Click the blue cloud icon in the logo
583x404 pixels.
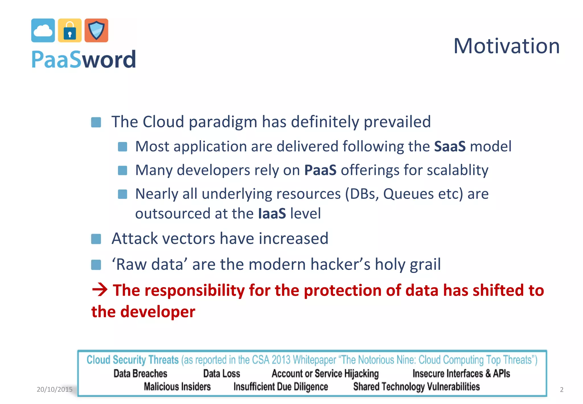[x=43, y=30]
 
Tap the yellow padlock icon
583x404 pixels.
[x=70, y=30]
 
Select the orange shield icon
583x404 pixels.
[x=97, y=30]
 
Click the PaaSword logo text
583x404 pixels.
[x=83, y=60]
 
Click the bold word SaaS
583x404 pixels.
[x=450, y=146]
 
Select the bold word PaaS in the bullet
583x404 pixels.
[x=320, y=170]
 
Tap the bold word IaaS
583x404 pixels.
[x=272, y=214]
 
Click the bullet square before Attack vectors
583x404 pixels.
[x=96, y=239]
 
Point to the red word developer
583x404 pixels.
[x=158, y=312]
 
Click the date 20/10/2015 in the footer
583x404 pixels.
[x=54, y=389]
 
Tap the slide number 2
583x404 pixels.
[x=561, y=389]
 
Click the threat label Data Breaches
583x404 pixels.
[x=140, y=374]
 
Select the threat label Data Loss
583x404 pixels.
[x=221, y=374]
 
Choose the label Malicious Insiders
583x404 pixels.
[x=177, y=387]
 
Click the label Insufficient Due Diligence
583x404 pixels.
[x=281, y=387]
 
